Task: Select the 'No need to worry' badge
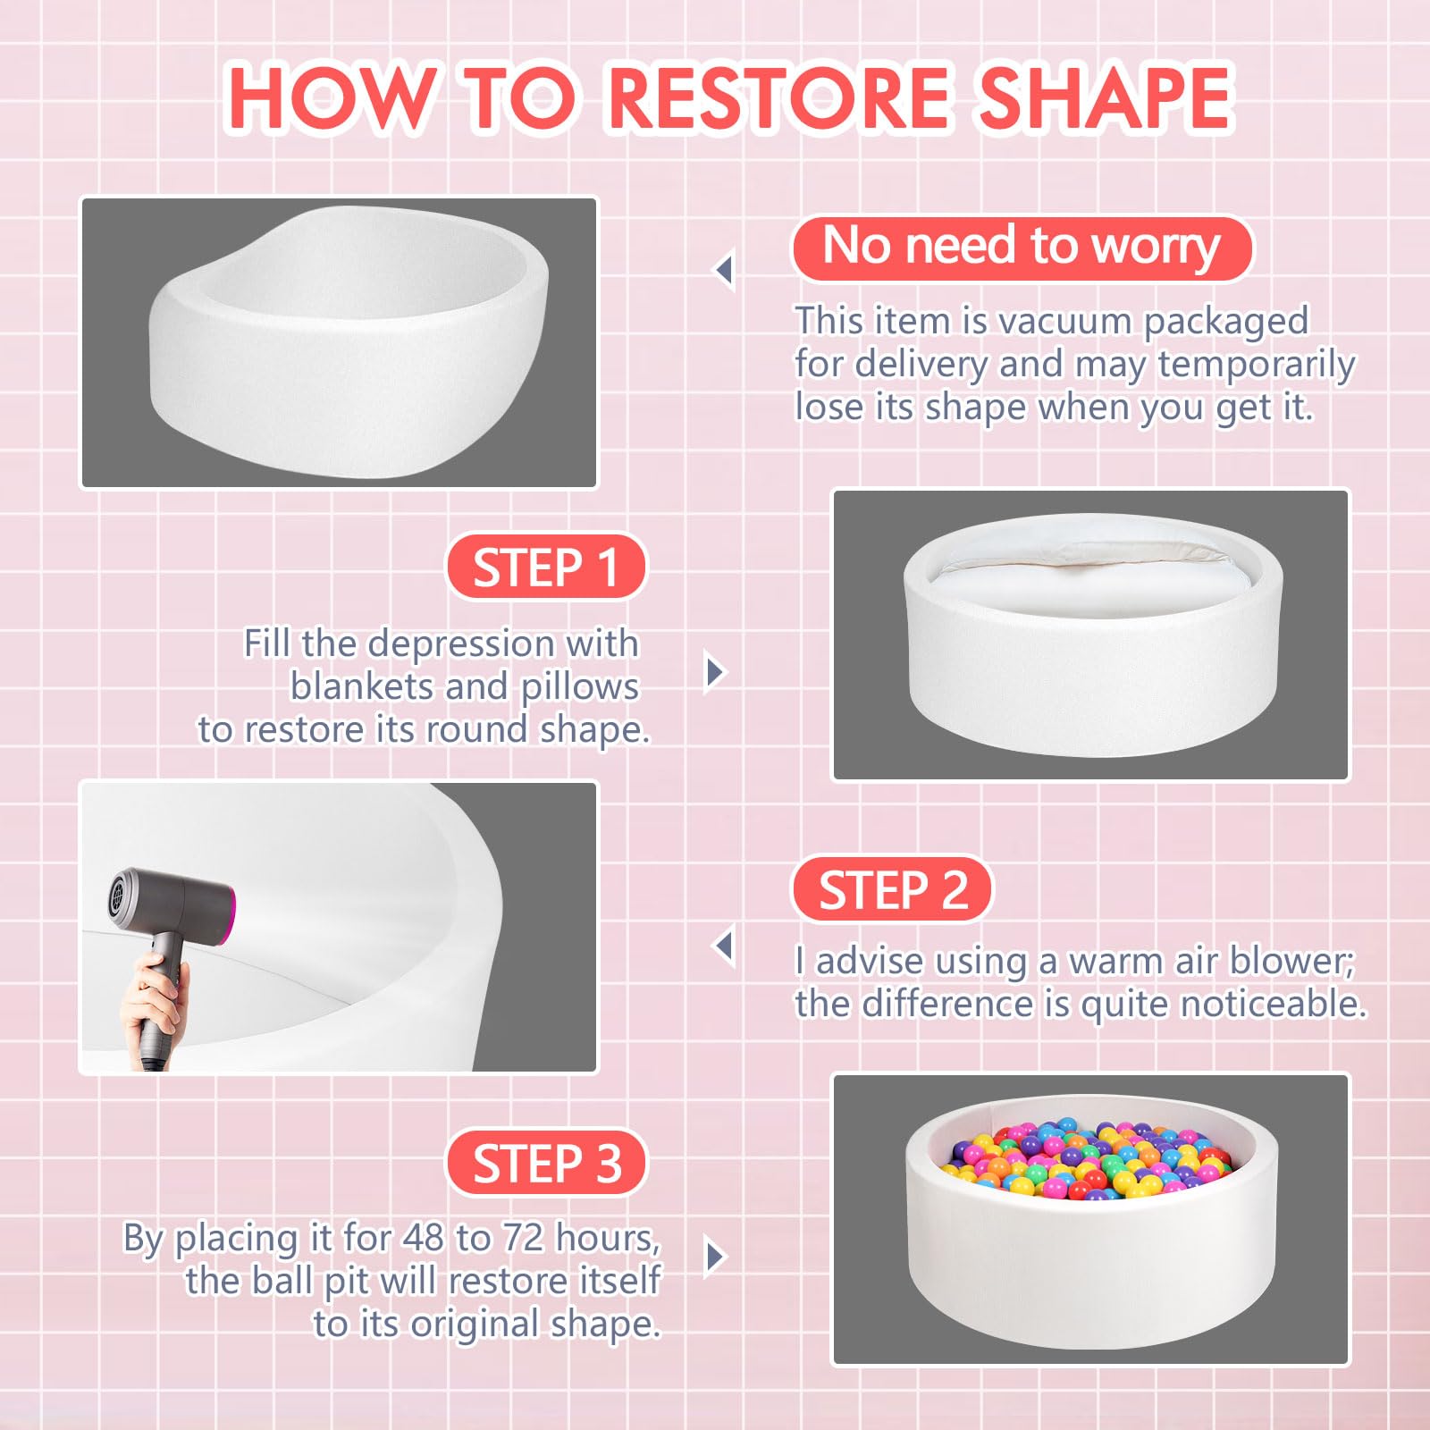tap(1022, 248)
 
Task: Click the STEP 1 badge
tap(546, 568)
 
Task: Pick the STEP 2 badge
tap(893, 889)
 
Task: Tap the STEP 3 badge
tap(546, 1163)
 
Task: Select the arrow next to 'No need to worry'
tap(725, 269)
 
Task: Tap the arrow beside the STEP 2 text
tap(725, 946)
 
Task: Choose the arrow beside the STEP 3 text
tap(715, 1257)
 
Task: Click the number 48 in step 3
tap(423, 1238)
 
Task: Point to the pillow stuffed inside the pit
tap(1092, 585)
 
